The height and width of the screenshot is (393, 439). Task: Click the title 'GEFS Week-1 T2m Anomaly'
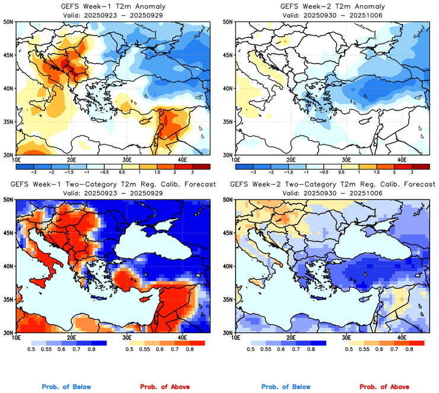tap(113, 7)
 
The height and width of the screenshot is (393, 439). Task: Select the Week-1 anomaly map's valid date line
tap(113, 15)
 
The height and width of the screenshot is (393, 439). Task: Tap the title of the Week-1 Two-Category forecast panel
tap(113, 185)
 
